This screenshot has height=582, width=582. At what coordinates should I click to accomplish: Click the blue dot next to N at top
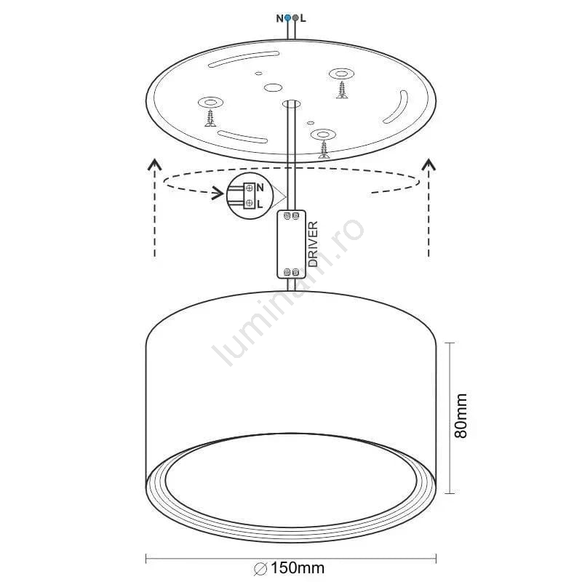point(287,17)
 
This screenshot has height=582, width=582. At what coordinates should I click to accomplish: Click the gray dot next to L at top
point(295,17)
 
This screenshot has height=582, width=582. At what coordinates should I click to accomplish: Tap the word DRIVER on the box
point(314,244)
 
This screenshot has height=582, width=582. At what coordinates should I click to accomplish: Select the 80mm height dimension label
point(461,415)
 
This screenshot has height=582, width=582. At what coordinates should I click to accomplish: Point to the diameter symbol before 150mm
point(261,569)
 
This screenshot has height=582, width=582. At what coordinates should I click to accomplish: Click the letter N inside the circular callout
point(260,188)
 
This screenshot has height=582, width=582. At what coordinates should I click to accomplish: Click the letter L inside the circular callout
point(260,204)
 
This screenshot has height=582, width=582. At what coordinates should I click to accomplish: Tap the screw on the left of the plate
point(210,119)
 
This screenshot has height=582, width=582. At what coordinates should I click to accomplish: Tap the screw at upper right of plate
point(342,90)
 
